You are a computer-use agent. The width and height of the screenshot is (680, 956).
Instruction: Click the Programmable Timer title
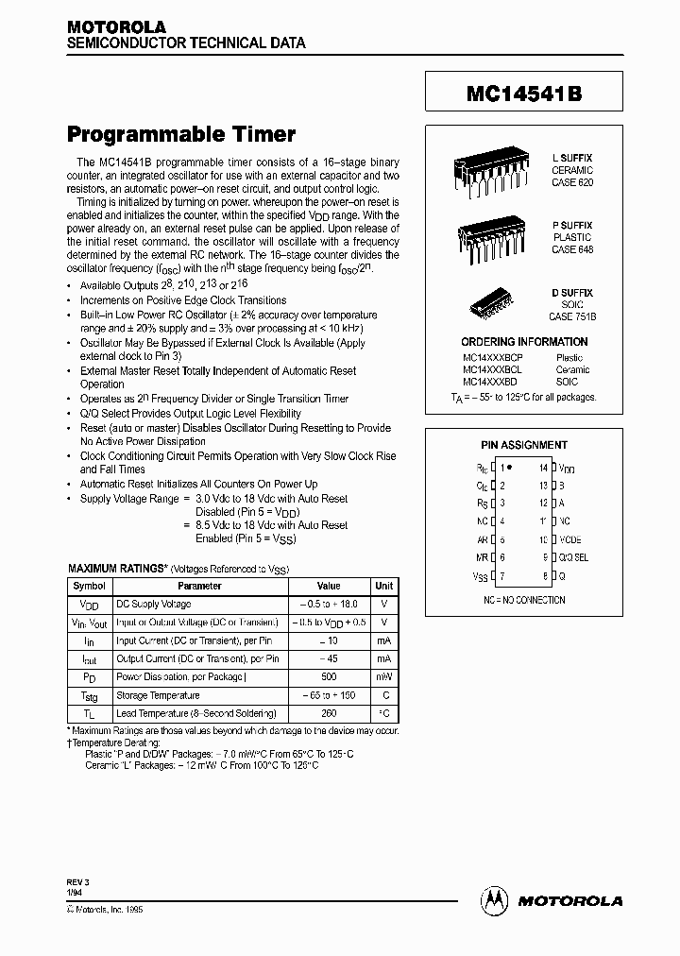click(181, 134)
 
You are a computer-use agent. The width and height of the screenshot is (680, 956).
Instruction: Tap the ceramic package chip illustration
click(491, 171)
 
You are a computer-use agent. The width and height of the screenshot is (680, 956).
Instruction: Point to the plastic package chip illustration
click(491, 237)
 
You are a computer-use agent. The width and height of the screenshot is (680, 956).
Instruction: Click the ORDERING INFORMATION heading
click(524, 342)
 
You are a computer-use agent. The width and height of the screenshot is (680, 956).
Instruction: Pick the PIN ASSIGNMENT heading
click(524, 445)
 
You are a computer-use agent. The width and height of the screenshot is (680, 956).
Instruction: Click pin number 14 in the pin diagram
click(543, 468)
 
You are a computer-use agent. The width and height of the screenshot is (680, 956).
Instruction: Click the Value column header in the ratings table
click(328, 586)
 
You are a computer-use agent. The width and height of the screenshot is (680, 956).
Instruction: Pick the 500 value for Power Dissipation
click(328, 676)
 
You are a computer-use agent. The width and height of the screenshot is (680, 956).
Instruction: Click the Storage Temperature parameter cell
click(158, 695)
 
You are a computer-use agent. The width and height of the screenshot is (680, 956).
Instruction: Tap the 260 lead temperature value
click(328, 713)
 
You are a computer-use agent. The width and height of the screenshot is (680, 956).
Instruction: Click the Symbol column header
click(89, 586)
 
